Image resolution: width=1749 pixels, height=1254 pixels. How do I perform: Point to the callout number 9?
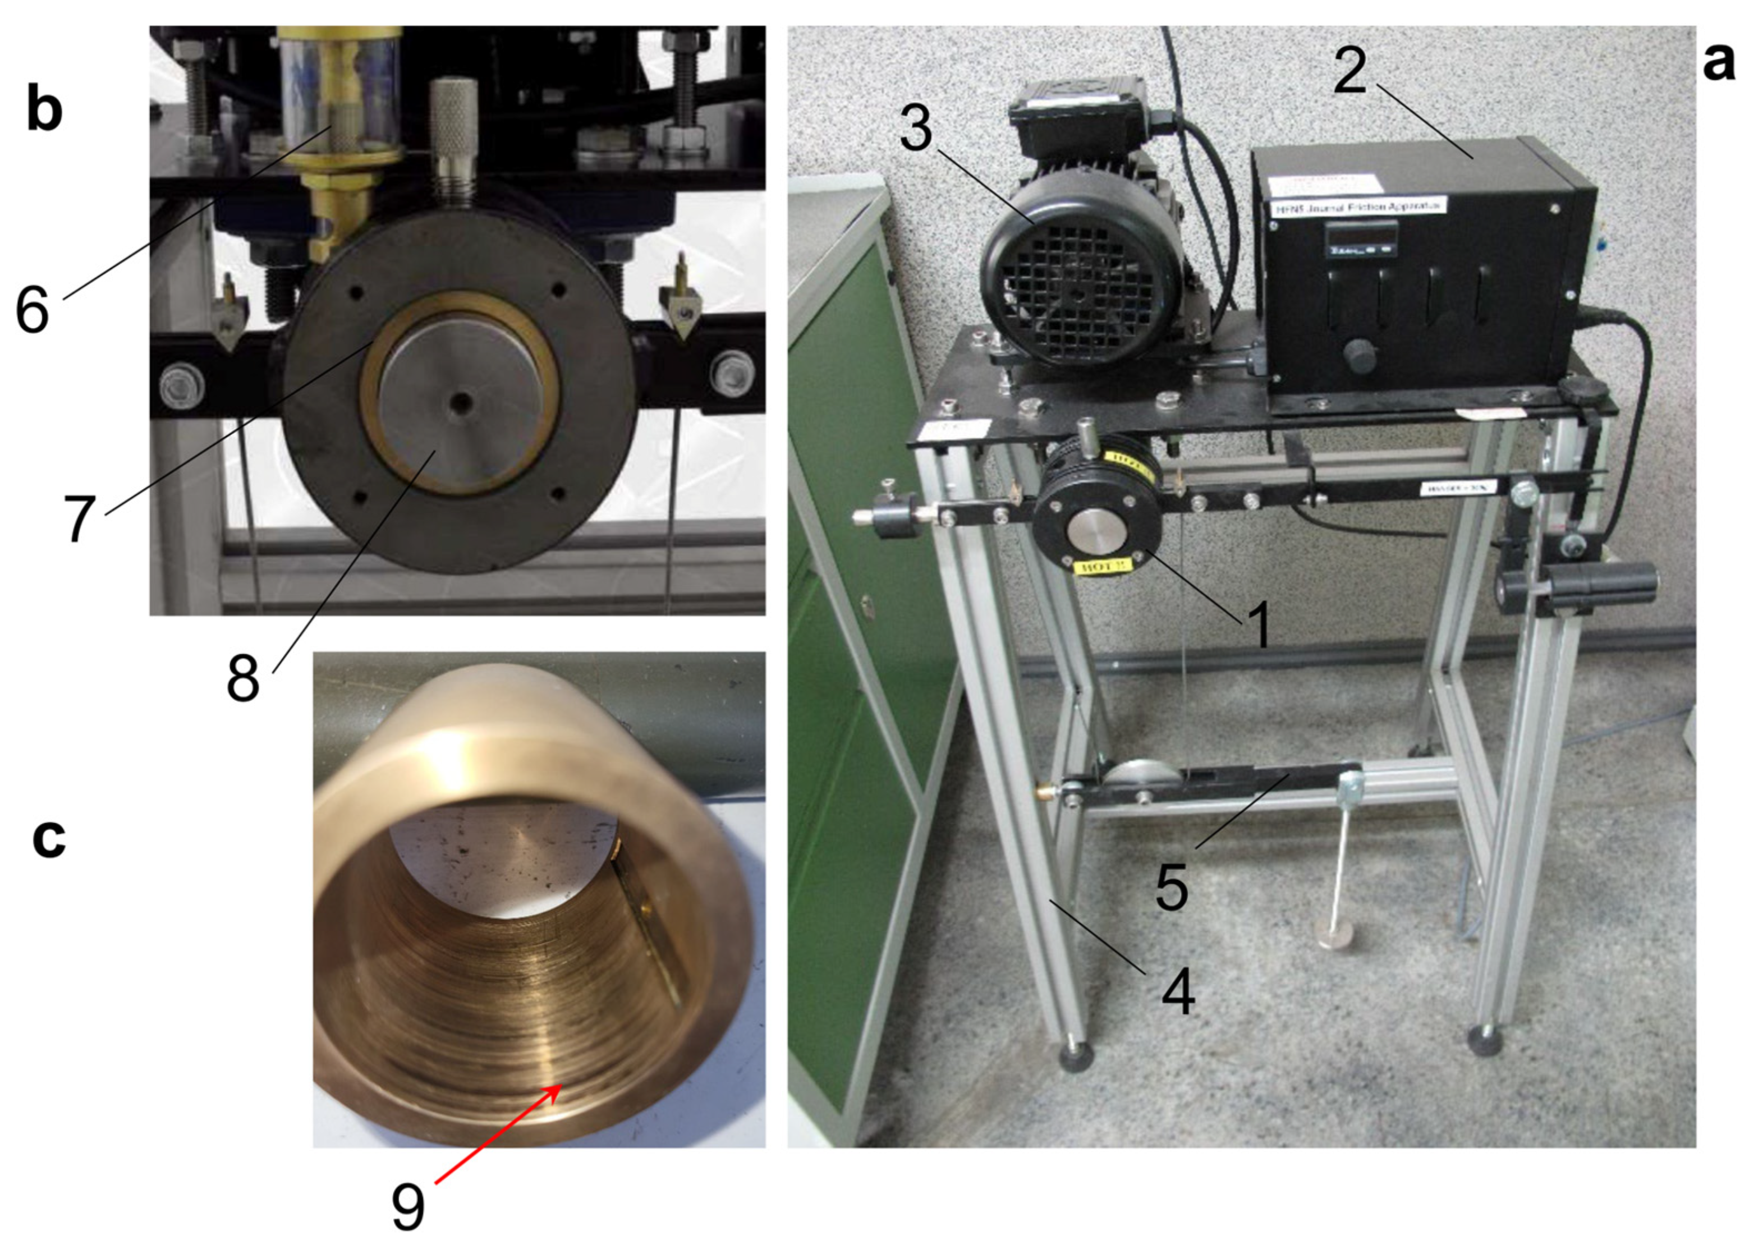point(408,1207)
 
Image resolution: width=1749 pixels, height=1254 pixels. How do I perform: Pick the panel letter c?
point(49,838)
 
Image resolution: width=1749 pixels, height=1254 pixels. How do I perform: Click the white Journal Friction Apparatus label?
point(1357,206)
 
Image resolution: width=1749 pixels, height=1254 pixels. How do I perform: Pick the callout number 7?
point(80,519)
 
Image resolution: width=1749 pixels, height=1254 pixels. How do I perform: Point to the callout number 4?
point(1178,992)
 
